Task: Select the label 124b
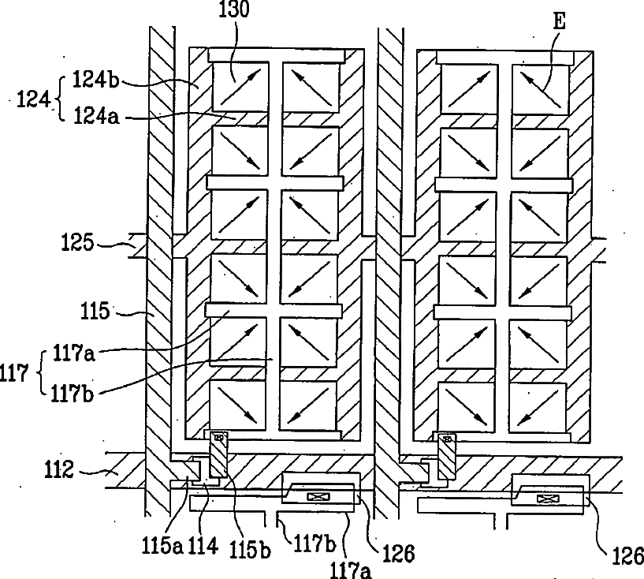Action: pyautogui.click(x=96, y=80)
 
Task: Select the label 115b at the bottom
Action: pyautogui.click(x=250, y=546)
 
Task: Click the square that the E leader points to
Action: pyautogui.click(x=541, y=88)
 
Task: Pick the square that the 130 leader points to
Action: pyautogui.click(x=240, y=86)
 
